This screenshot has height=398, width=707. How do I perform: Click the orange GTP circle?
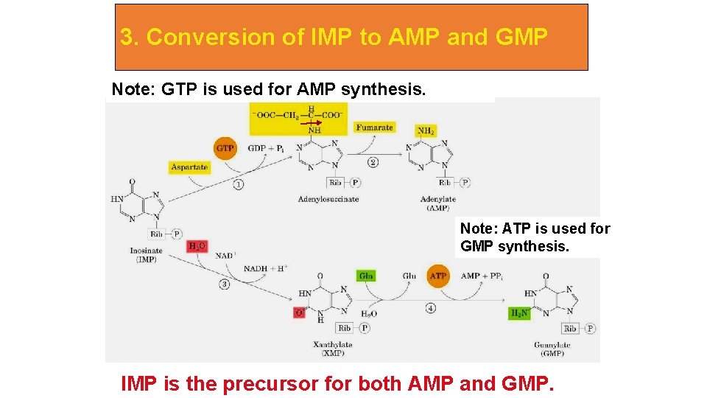(225, 148)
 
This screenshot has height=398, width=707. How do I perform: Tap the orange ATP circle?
(438, 276)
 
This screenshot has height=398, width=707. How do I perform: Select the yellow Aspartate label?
(189, 167)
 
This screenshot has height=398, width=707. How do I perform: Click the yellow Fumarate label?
(374, 128)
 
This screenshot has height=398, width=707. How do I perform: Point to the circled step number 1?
(239, 184)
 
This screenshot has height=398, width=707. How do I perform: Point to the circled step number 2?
(373, 161)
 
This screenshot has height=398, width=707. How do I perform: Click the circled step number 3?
(224, 284)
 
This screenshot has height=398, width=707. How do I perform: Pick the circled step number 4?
(430, 308)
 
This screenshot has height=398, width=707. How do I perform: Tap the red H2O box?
(197, 245)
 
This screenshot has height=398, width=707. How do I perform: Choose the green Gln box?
(366, 276)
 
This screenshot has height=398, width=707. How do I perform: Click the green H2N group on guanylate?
(519, 313)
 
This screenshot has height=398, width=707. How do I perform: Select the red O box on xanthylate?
(299, 313)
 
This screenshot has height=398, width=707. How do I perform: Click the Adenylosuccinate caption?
(328, 199)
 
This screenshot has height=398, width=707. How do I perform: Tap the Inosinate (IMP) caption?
(147, 255)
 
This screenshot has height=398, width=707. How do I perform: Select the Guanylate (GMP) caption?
(552, 349)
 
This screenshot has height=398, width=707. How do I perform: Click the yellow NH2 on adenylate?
(426, 131)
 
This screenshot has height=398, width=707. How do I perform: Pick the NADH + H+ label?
(267, 268)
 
